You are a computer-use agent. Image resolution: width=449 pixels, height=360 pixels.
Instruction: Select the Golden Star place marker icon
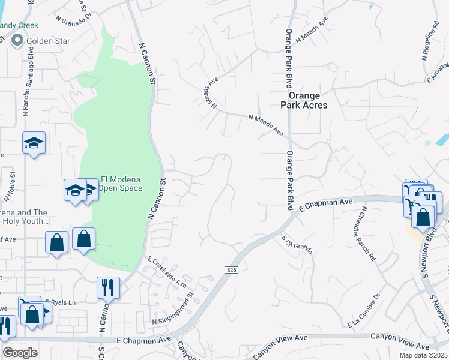tap(17, 41)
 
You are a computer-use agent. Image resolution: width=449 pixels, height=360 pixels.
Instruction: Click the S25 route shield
tap(232, 271)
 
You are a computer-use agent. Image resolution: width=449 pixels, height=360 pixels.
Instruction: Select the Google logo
tap(20, 353)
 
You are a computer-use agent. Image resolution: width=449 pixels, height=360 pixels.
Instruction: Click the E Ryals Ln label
tap(62, 303)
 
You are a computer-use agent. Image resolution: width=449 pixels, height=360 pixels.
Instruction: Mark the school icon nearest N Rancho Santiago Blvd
tap(34, 143)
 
